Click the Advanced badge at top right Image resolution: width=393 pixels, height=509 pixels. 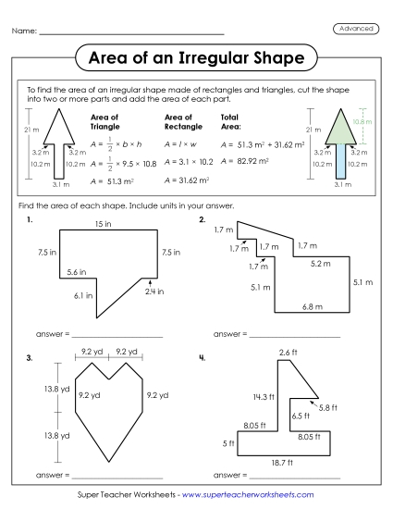(x=355, y=30)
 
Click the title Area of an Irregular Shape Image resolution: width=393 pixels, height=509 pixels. (x=196, y=60)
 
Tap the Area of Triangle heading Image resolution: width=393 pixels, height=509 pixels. (x=105, y=122)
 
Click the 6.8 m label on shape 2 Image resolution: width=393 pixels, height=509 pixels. (x=311, y=306)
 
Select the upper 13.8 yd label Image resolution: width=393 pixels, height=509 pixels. (x=44, y=390)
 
